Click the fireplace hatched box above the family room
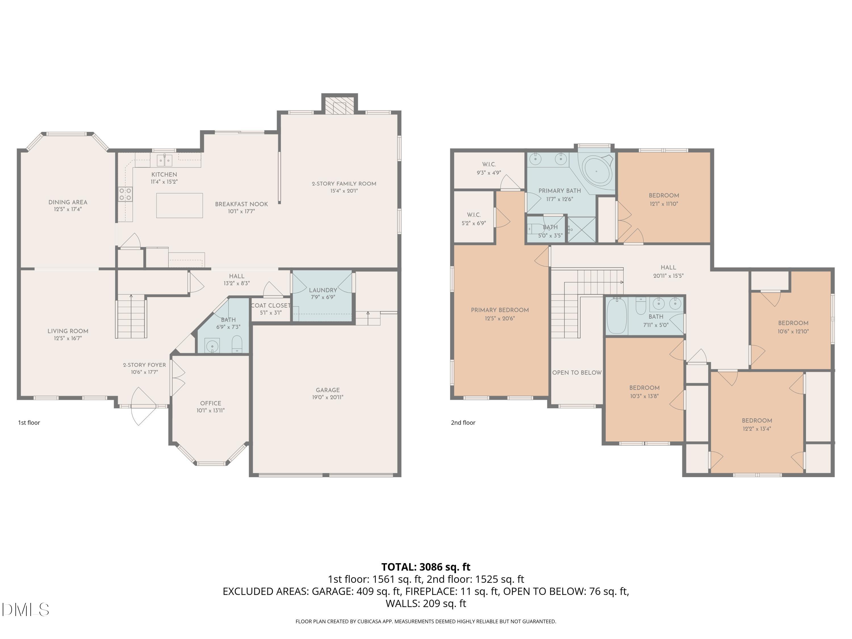point(339,105)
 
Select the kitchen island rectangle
point(179,205)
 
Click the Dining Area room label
point(68,202)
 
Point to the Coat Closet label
point(270,305)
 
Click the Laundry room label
point(323,290)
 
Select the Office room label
point(211,403)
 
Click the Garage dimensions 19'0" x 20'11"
point(327,397)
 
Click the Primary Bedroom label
point(500,310)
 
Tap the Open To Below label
point(577,372)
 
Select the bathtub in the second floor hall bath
point(617,316)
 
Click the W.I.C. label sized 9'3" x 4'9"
point(489,164)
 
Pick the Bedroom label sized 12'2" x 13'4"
point(757,421)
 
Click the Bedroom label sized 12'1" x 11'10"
point(664,195)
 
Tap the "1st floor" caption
point(29,423)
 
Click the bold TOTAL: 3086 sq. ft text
point(426,567)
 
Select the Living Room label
point(68,331)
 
